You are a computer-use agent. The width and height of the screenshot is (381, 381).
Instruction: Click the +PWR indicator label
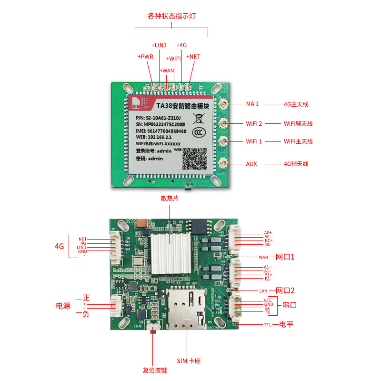pyautogui.click(x=145, y=56)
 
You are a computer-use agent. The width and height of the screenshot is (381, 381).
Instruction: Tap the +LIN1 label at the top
pyautogui.click(x=159, y=45)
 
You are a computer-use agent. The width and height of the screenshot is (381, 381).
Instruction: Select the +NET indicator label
pyautogui.click(x=193, y=56)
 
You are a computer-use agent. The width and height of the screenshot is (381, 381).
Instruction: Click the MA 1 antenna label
pyautogui.click(x=252, y=104)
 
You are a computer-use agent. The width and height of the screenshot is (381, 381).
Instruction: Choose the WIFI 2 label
pyautogui.click(x=254, y=123)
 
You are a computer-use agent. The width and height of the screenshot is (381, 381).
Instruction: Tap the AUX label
pyautogui.click(x=251, y=164)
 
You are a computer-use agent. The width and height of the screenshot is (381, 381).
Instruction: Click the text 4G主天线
pyautogui.click(x=296, y=104)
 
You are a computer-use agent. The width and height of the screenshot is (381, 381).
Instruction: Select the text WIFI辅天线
pyautogui.click(x=298, y=123)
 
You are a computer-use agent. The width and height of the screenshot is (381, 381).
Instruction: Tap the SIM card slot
pyautogui.click(x=187, y=309)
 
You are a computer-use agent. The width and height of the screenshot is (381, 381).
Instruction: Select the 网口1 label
pyautogui.click(x=285, y=257)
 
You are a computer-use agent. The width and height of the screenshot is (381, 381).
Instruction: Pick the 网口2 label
pyautogui.click(x=285, y=291)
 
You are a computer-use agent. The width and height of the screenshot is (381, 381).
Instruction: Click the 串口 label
pyautogui.click(x=290, y=305)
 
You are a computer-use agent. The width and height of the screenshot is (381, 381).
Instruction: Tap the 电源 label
pyautogui.click(x=63, y=306)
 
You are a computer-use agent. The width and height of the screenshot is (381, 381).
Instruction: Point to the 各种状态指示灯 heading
pyautogui.click(x=171, y=16)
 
